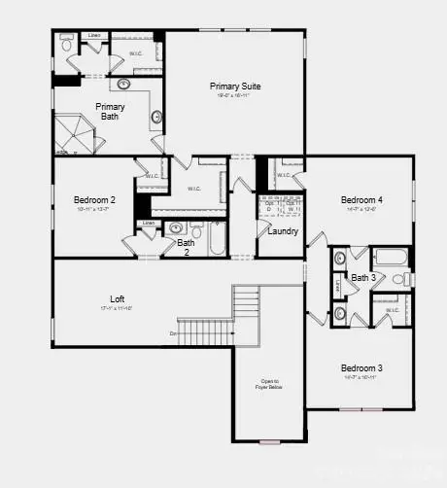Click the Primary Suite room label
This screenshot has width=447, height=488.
pos(235,87)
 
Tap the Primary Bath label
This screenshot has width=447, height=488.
pos(110,112)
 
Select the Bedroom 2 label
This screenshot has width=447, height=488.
pos(94,200)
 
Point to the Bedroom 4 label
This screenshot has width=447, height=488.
pos(361,200)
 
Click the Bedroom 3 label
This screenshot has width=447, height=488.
pos(361,367)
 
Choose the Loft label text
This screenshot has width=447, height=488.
pos(117,298)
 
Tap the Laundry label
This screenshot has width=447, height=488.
pos(282,231)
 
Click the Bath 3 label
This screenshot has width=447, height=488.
pos(362,278)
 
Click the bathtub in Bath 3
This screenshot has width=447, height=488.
pos(391,259)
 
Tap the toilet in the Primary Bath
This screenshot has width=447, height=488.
pos(66,44)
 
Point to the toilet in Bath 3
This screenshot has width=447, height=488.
pos(398,280)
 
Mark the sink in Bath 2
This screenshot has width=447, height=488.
pos(176,229)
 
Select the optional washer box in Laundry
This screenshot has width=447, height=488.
pos(292,206)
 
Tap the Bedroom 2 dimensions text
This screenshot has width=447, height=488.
pos(94,209)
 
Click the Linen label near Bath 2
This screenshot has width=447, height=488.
pos(148,223)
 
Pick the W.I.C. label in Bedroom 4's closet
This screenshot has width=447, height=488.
pos(283,175)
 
